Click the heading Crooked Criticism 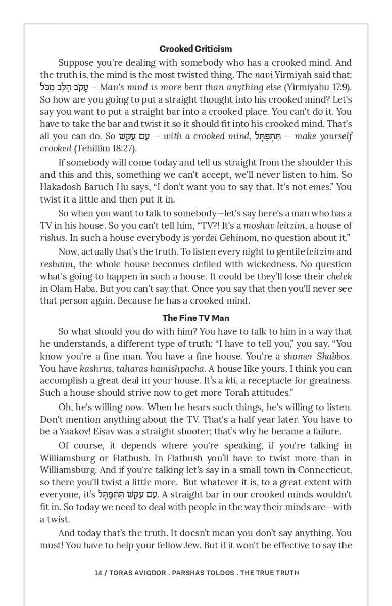[x=196, y=49]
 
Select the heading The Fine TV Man [x=196, y=318]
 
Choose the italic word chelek [x=339, y=276]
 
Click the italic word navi [x=264, y=75]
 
